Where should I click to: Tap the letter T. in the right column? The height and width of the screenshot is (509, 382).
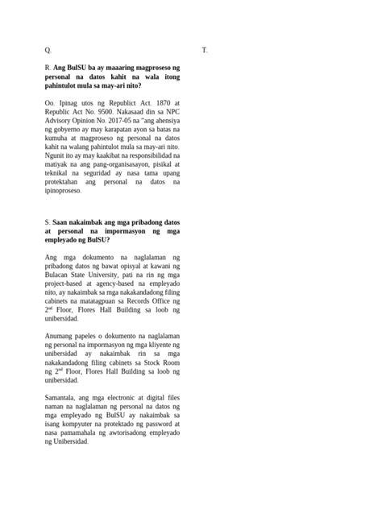click(205, 50)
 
